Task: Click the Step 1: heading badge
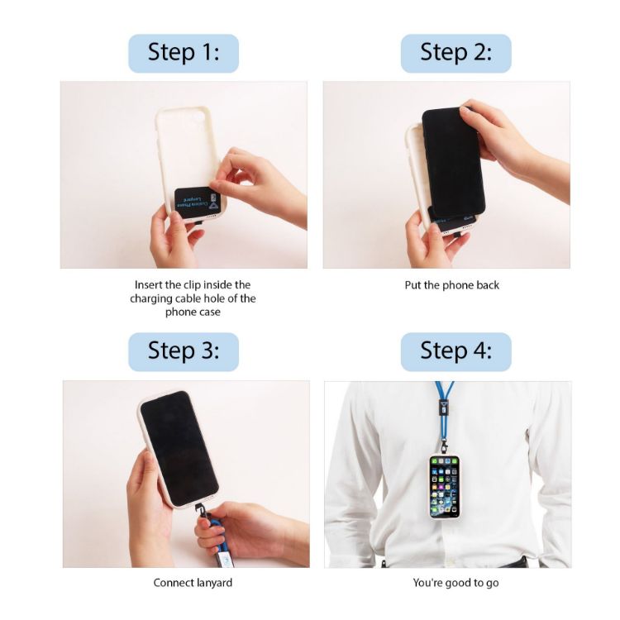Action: [x=184, y=53]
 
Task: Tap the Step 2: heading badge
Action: [x=455, y=53]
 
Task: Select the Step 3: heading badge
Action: [x=184, y=351]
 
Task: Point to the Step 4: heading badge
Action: [x=455, y=351]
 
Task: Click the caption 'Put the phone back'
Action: [x=452, y=285]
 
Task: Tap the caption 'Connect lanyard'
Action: [x=193, y=583]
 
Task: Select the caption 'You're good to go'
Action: [x=455, y=583]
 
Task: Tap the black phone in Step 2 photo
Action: [x=453, y=161]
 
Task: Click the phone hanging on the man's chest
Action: [x=444, y=485]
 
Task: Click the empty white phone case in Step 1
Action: [x=182, y=153]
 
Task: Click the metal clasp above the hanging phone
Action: [x=444, y=446]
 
